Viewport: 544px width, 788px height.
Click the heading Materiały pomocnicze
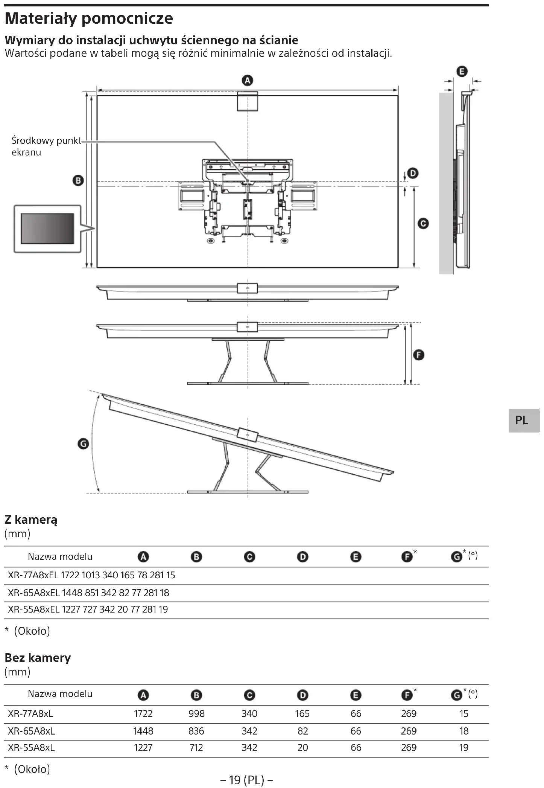[x=89, y=18]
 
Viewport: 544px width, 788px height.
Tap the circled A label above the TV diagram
[x=247, y=80]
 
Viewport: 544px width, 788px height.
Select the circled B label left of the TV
[x=78, y=180]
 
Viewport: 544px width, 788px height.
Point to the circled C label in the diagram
[x=423, y=224]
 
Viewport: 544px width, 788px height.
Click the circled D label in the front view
[x=413, y=173]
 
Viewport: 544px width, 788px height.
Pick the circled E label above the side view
[x=462, y=71]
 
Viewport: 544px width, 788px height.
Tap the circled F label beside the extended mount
[x=418, y=355]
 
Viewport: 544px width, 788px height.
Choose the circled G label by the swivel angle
[x=83, y=444]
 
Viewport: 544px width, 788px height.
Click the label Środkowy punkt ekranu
[x=46, y=146]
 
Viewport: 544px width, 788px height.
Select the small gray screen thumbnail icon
[x=47, y=229]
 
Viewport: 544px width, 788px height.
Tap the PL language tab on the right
[x=522, y=420]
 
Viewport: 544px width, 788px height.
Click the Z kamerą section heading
[x=31, y=520]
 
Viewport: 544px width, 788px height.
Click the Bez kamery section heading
[x=38, y=658]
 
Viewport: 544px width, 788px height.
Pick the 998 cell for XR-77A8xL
[x=196, y=713]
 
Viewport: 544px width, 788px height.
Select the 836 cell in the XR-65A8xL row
[x=196, y=731]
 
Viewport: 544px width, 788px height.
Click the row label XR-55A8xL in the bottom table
[x=31, y=748]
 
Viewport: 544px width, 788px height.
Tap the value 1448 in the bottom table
[x=143, y=731]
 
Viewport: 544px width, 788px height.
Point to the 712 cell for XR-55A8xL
[x=196, y=748]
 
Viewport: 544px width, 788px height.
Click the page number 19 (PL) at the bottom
[x=246, y=780]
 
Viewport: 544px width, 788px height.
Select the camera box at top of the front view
[x=247, y=102]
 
